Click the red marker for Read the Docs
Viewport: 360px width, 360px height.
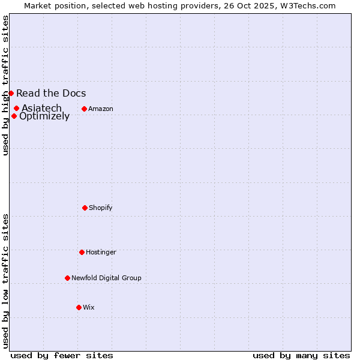point(11,93)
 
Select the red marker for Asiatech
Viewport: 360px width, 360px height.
point(16,108)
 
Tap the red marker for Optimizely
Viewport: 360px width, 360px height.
point(14,116)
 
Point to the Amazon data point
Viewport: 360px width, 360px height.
point(84,109)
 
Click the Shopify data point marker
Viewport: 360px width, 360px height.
point(85,208)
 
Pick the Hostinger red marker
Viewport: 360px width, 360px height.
point(82,252)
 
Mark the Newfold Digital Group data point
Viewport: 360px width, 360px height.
point(67,278)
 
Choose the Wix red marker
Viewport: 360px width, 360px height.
point(79,307)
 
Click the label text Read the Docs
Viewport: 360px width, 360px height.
point(51,93)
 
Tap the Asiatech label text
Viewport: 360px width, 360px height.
point(42,108)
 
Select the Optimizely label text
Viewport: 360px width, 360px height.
point(44,116)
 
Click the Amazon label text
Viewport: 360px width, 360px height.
point(101,109)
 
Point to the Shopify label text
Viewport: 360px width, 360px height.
point(101,208)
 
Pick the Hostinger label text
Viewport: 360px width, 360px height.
point(101,252)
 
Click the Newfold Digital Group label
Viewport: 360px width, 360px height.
point(106,278)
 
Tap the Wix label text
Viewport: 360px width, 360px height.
point(89,307)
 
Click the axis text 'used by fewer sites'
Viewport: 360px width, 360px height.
point(62,355)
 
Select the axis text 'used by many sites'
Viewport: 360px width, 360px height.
point(301,355)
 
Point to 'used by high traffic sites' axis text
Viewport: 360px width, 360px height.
point(5,85)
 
